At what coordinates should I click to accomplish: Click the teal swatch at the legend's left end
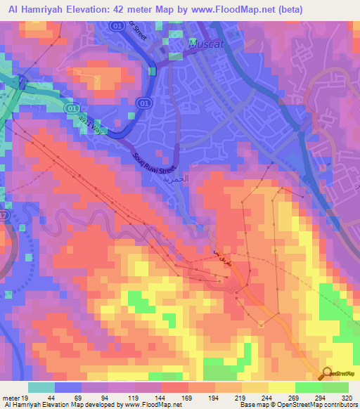point(41,387)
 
